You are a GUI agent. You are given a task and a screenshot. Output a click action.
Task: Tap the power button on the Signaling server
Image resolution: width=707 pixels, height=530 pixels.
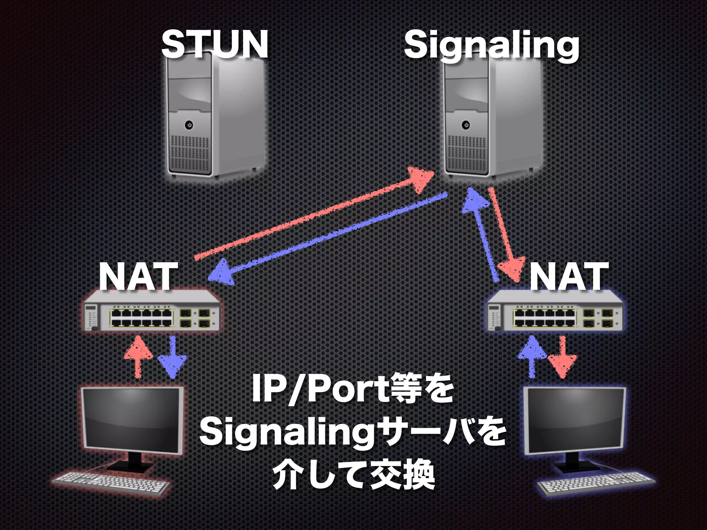[x=466, y=125]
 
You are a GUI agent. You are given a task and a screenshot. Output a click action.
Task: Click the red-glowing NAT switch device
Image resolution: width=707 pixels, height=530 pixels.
[x=152, y=312]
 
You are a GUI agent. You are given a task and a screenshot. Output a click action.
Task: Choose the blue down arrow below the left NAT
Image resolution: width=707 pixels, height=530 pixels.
[x=172, y=357]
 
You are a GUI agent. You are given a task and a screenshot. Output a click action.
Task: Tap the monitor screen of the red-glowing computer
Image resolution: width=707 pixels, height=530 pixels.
[x=131, y=418]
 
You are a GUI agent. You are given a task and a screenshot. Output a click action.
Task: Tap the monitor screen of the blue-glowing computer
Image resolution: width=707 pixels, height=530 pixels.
[x=575, y=419]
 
